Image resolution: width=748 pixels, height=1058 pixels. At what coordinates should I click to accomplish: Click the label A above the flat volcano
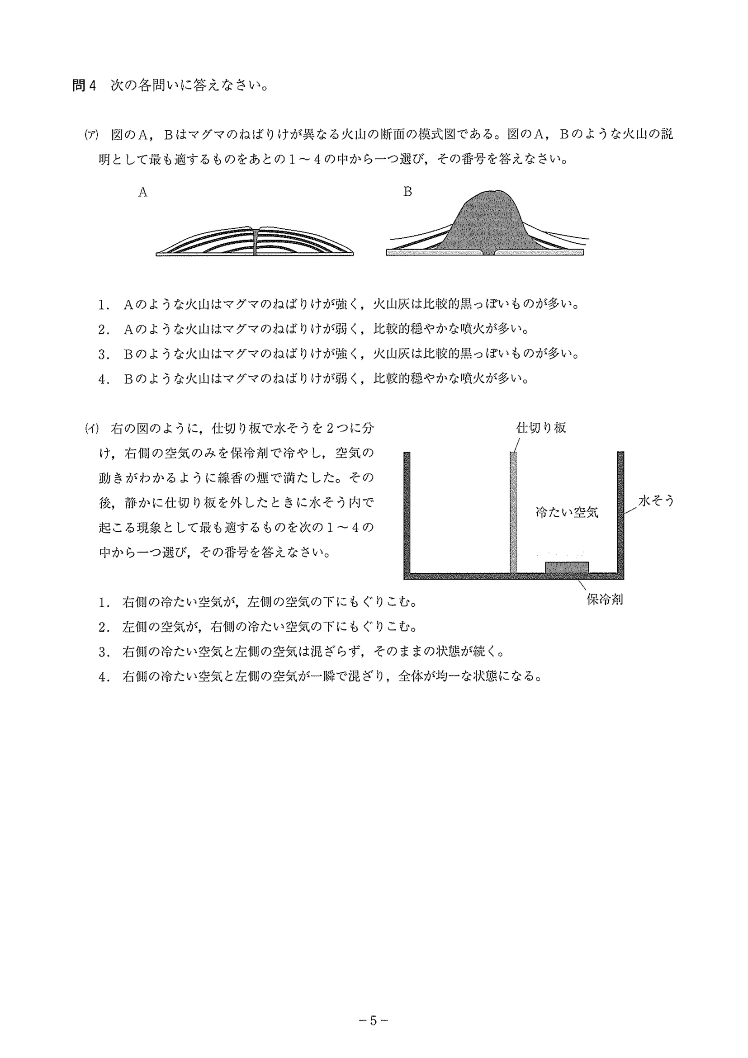(x=143, y=192)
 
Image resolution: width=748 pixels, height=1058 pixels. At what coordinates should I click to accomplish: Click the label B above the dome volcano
(x=407, y=192)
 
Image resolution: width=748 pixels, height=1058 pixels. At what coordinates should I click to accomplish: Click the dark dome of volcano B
(x=488, y=221)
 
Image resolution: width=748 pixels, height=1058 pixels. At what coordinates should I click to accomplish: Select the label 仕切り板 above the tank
(x=541, y=428)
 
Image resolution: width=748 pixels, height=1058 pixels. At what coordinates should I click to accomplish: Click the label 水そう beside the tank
(x=656, y=501)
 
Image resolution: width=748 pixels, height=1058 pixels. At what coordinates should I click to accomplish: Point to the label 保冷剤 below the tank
(x=604, y=599)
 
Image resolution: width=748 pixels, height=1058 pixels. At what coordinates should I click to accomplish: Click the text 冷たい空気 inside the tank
(x=566, y=512)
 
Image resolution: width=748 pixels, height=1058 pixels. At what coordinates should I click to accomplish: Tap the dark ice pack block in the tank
(x=566, y=567)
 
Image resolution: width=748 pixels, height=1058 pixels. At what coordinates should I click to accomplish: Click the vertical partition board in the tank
(x=513, y=511)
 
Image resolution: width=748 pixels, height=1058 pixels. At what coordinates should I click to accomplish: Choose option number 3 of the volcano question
(x=103, y=354)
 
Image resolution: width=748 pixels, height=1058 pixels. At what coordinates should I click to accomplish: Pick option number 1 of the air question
(x=103, y=602)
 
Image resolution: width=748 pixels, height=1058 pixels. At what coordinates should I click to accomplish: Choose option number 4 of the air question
(x=103, y=677)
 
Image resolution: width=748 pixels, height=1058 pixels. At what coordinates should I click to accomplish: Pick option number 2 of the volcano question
(x=103, y=330)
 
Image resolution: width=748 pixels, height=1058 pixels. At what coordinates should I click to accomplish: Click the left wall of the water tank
(x=407, y=511)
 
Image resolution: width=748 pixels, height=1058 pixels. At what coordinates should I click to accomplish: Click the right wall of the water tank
(x=620, y=511)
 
